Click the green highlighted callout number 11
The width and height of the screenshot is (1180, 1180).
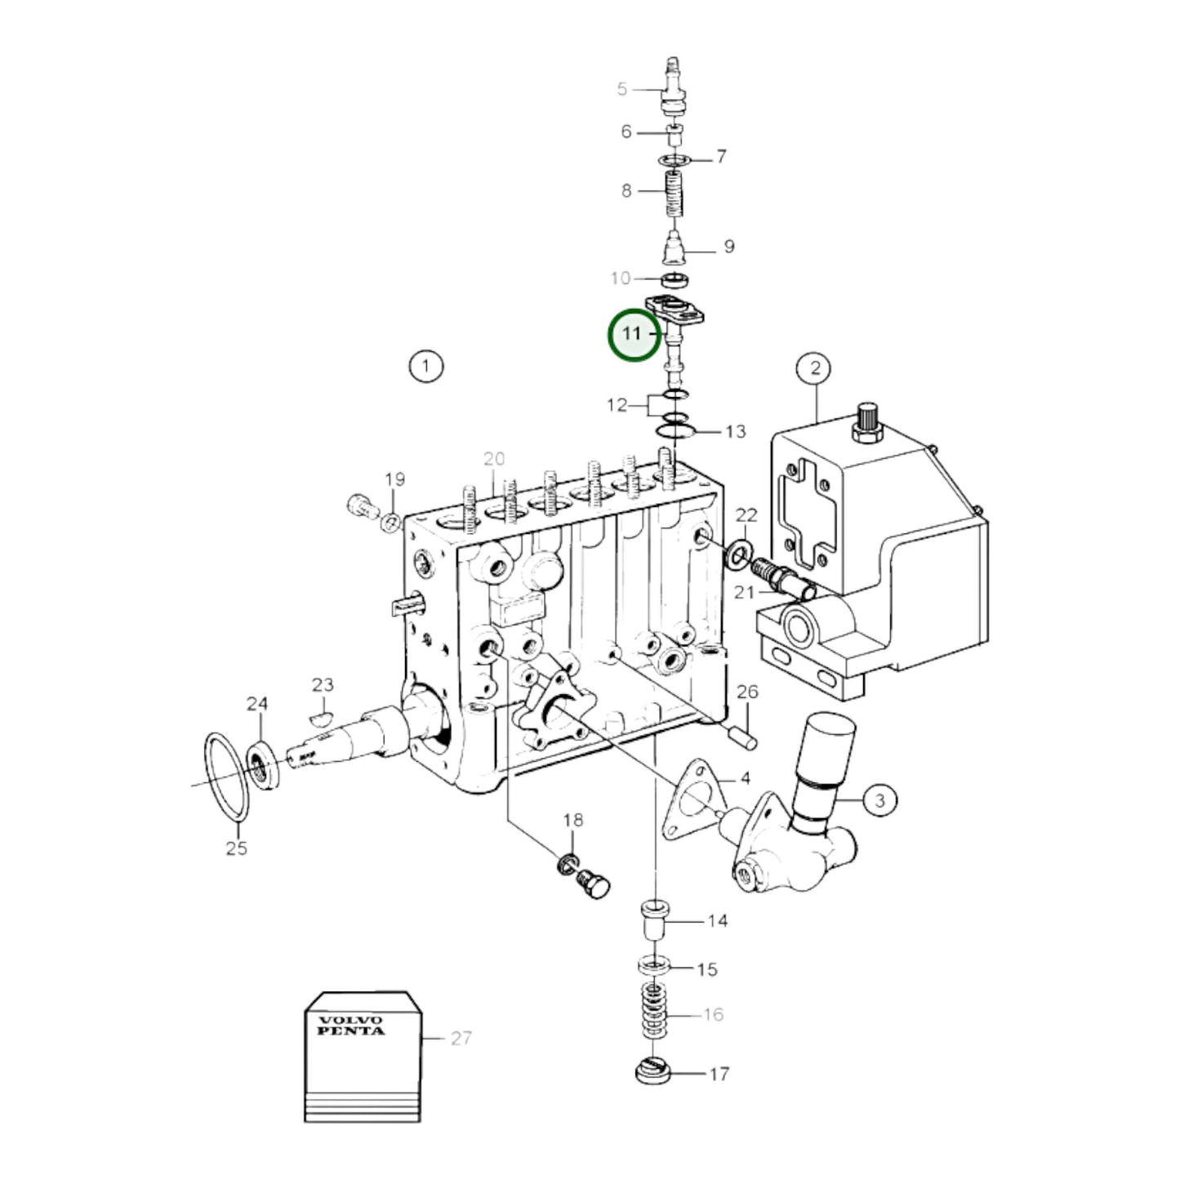pos(634,334)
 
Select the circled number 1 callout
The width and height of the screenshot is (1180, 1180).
pos(425,366)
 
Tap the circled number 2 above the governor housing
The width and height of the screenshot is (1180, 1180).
pos(814,368)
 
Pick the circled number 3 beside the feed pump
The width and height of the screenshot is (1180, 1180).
pos(879,799)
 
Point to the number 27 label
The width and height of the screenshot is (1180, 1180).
pos(461,1038)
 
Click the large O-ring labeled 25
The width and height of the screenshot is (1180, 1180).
pos(226,776)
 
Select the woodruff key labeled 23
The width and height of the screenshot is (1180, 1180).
pos(322,717)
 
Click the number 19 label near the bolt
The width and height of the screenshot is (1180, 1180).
pos(395,479)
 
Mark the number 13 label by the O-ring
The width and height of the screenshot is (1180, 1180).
pos(735,431)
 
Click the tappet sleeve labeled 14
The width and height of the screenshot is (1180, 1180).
pos(654,920)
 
